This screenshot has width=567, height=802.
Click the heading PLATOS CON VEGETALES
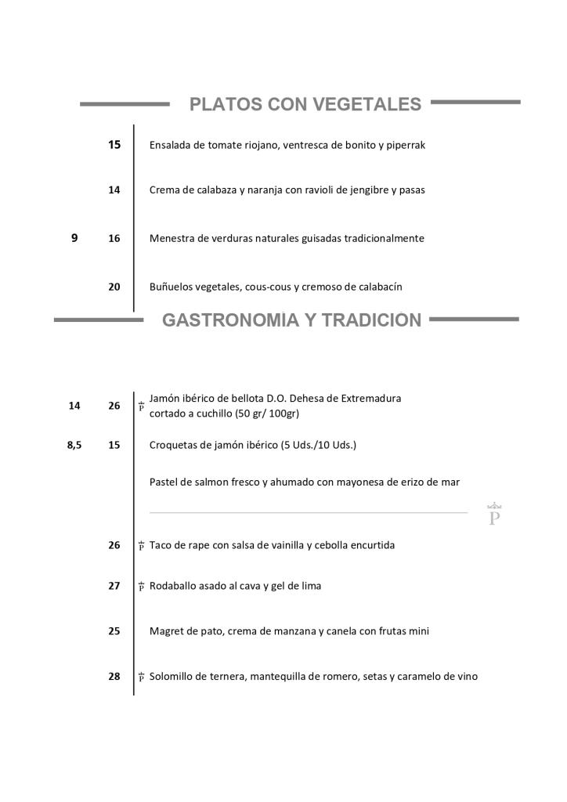(305, 104)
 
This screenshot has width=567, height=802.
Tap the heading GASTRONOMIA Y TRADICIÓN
(291, 320)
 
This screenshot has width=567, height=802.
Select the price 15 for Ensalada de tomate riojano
(114, 145)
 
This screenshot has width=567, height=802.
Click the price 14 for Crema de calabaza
(114, 190)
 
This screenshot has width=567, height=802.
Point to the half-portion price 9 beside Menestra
(74, 238)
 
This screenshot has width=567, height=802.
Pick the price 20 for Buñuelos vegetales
(114, 287)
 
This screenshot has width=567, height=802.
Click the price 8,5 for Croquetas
(74, 445)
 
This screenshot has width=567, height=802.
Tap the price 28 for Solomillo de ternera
(114, 677)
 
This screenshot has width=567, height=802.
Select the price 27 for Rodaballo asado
(114, 586)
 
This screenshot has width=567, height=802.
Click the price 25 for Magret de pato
(114, 631)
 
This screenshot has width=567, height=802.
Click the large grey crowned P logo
(493, 515)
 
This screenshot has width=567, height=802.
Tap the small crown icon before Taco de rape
(141, 545)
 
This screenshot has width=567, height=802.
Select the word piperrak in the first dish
(403, 146)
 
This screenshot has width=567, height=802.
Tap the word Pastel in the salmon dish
(164, 482)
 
